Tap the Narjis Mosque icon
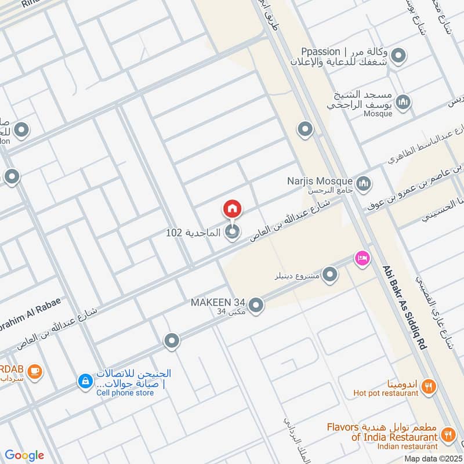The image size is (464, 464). tap(364, 184)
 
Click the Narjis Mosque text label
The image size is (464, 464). tap(320, 180)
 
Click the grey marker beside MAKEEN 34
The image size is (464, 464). tap(256, 304)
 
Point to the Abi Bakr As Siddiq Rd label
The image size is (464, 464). tap(404, 307)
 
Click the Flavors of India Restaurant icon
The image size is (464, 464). tap(448, 433)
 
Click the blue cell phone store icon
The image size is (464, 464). tap(85, 381)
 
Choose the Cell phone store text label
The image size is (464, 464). tap(125, 393)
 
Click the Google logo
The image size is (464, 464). tap(25, 455)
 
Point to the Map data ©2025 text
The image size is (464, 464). tap(432, 458)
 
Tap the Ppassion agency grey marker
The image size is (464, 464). tap(398, 56)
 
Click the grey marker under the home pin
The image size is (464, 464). tap(233, 233)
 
